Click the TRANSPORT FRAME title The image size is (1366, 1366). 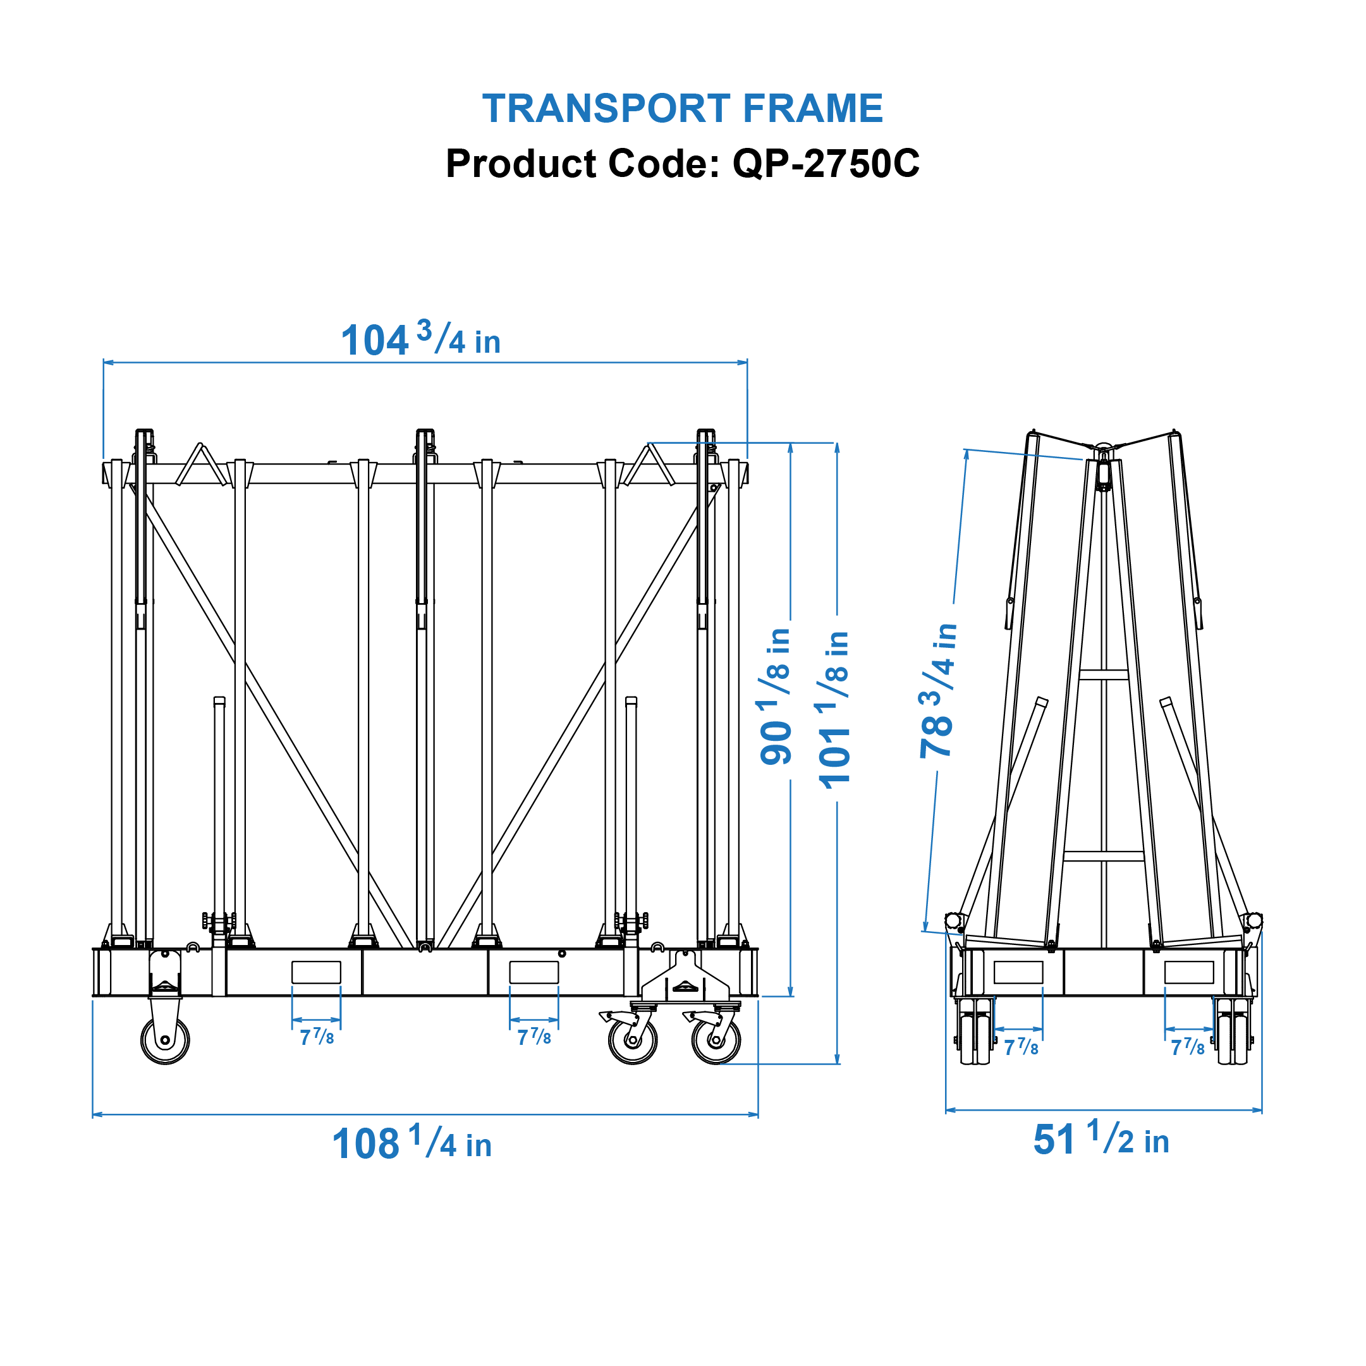tap(682, 108)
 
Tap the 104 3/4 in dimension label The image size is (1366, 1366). tap(421, 340)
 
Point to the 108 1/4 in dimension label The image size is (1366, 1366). tap(412, 1144)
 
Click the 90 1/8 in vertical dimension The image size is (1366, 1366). tap(776, 696)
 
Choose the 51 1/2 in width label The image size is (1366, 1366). tap(1101, 1140)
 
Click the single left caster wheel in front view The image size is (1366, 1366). tap(165, 1040)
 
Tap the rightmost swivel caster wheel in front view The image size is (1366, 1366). tap(716, 1040)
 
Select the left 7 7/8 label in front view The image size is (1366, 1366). tap(316, 1037)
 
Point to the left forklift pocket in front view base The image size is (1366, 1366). tap(316, 972)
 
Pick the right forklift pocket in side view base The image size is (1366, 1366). tap(1188, 972)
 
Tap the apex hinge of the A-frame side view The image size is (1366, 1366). tap(1103, 451)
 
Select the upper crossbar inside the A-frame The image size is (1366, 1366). tap(1103, 674)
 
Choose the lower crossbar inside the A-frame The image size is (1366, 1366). tap(1103, 857)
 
